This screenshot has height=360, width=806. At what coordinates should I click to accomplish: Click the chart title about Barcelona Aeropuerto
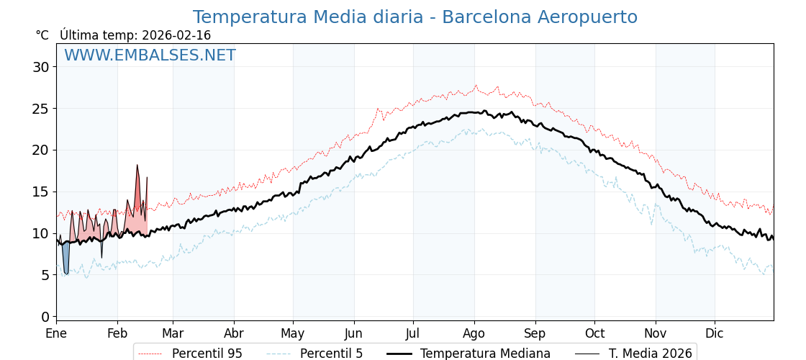415,17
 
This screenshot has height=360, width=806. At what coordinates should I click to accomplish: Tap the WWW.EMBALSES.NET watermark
150,55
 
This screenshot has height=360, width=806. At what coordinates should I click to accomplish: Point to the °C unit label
42,35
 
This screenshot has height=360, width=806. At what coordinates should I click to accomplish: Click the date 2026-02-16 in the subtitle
176,35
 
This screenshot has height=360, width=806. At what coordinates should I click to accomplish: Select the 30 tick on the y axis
40,67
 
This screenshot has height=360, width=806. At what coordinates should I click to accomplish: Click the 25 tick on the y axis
40,109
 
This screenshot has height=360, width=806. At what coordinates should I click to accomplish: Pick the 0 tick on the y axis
45,317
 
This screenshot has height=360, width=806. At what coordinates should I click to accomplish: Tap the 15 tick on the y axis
40,192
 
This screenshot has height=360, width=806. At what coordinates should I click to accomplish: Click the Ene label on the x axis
56,333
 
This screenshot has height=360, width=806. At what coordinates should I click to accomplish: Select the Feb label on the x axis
117,333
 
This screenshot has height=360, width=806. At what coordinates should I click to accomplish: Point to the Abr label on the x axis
234,333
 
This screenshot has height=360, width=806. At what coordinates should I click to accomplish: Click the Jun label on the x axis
353,333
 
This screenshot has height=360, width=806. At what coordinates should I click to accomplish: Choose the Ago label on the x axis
474,333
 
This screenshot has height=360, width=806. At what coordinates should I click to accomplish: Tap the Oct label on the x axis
594,333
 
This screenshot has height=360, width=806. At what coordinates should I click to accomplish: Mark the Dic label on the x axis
715,333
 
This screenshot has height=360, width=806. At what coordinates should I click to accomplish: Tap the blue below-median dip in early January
66,259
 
